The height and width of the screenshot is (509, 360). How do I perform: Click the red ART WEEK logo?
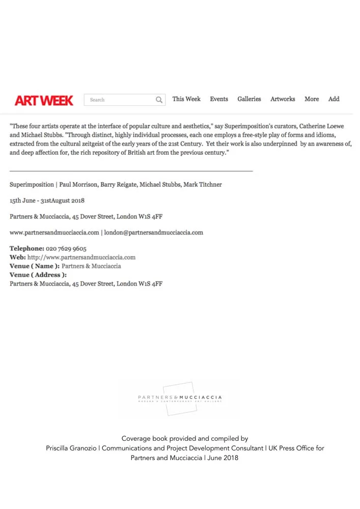[44, 100]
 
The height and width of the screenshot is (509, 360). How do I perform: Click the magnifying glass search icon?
[159, 100]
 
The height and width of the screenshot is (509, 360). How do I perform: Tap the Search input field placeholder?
[97, 100]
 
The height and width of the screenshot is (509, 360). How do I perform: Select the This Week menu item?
[186, 99]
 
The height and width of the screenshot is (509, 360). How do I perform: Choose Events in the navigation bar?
[219, 99]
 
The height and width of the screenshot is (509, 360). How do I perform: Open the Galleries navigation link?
[249, 99]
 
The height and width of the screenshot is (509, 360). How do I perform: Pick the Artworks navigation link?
[283, 99]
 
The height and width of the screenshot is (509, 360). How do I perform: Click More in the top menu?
[312, 99]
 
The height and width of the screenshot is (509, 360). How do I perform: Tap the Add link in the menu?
[334, 99]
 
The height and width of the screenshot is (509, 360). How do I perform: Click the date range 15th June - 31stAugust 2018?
[47, 201]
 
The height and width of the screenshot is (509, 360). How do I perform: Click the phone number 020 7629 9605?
[66, 249]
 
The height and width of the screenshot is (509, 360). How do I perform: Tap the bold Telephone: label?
[26, 249]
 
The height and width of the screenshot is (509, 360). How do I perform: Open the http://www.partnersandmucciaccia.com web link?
[81, 258]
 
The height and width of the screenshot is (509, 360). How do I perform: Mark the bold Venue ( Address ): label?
[38, 275]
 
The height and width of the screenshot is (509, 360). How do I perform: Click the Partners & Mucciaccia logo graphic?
[180, 399]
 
